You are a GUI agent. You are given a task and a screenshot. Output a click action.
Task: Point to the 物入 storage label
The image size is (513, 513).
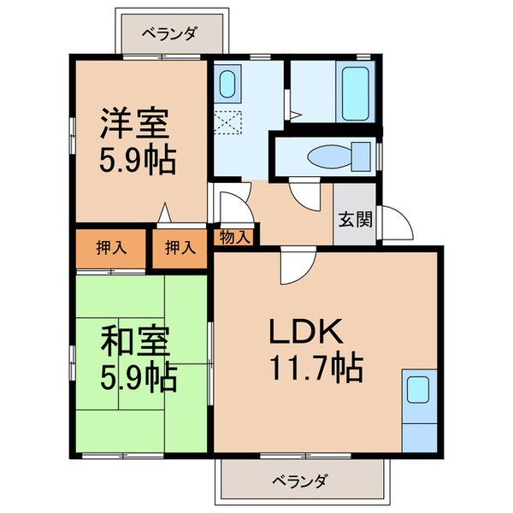pyautogui.click(x=233, y=237)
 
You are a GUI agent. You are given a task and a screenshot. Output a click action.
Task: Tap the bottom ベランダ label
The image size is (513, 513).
pyautogui.click(x=302, y=481)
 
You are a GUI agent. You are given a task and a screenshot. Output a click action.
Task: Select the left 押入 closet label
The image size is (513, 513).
pyautogui.click(x=111, y=248)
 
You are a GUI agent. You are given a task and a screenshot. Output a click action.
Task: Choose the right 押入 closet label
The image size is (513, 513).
pyautogui.click(x=180, y=248)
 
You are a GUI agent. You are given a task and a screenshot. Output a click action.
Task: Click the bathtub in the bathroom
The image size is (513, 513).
pyautogui.click(x=356, y=93)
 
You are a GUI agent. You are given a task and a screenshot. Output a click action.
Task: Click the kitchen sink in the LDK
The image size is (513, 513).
pyautogui.click(x=418, y=390)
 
